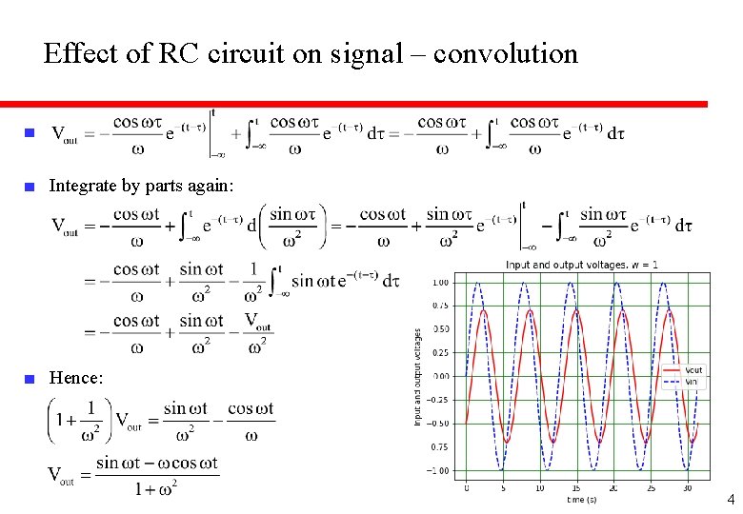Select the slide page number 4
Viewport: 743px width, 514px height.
point(731,499)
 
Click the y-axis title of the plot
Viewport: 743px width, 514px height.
point(418,377)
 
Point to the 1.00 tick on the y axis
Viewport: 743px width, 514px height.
point(441,283)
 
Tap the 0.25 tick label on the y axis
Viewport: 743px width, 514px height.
point(441,353)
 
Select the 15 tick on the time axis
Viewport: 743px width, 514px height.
point(576,486)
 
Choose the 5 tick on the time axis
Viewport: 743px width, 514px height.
point(503,486)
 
